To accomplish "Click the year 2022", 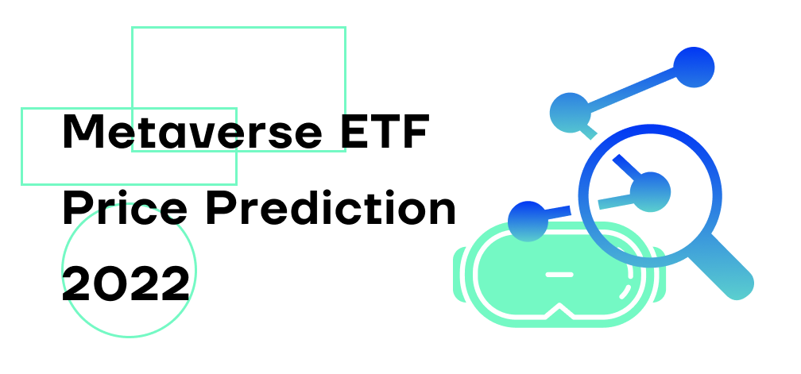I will (x=126, y=283).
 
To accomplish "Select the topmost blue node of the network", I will (x=694, y=67).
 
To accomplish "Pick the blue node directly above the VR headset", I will (x=528, y=220).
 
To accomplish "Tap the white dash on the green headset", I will (x=560, y=274).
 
